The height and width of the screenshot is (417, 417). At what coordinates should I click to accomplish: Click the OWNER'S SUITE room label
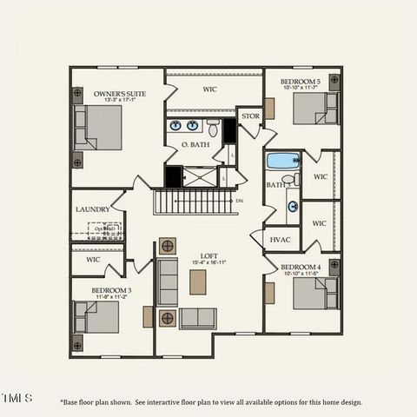tap(120, 93)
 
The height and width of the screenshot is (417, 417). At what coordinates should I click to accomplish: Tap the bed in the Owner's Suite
tap(98, 128)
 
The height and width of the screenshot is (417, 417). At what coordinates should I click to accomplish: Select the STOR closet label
tap(250, 116)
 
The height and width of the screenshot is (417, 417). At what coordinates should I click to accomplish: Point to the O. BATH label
tap(195, 144)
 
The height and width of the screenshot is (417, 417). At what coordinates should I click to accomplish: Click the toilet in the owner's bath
tap(213, 129)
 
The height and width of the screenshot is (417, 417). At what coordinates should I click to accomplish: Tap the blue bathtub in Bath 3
tap(282, 161)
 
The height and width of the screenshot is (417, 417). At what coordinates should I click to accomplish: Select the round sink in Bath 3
tap(293, 207)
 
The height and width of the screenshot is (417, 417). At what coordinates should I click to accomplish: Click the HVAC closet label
tap(280, 239)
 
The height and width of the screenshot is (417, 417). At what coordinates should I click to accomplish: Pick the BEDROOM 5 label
tap(301, 82)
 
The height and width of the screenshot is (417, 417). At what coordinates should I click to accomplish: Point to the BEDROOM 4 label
tap(301, 267)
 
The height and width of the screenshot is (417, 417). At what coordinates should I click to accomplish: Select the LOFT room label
tap(209, 256)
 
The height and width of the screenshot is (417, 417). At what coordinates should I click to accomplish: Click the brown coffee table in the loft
tap(198, 282)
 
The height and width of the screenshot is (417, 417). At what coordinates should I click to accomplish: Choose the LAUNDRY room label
tap(93, 209)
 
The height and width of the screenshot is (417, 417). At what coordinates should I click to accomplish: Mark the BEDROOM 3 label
tap(111, 289)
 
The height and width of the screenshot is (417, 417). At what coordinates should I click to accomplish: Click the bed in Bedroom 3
tap(97, 317)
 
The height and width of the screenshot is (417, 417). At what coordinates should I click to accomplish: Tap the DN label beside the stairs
tap(240, 201)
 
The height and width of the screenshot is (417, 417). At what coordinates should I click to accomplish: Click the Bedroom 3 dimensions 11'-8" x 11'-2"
tap(111, 296)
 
